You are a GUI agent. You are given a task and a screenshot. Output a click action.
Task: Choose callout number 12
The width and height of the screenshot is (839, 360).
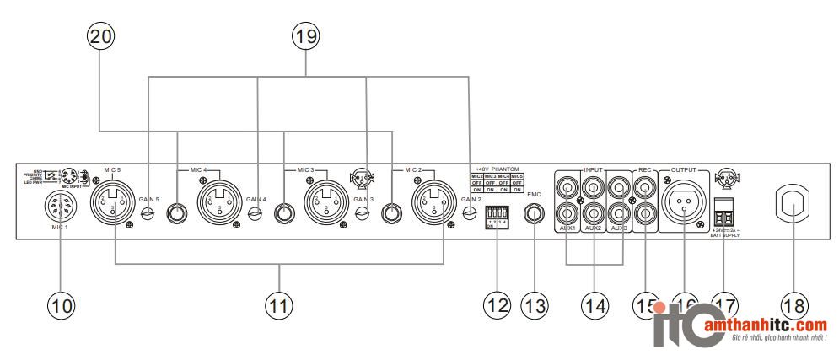(x=494, y=304)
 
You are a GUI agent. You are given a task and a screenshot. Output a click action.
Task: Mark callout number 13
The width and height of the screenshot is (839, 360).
(x=535, y=304)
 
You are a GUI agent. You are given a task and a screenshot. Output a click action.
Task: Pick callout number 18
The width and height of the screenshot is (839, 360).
(x=794, y=304)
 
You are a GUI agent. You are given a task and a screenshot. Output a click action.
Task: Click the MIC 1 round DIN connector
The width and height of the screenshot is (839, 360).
(x=59, y=203)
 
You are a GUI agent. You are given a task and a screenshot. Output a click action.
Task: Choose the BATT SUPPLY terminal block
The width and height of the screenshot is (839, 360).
(x=723, y=208)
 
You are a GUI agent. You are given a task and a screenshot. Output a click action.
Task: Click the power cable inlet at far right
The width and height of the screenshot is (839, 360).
(x=794, y=202)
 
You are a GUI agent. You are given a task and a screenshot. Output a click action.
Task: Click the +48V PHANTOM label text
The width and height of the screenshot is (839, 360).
(x=496, y=169)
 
